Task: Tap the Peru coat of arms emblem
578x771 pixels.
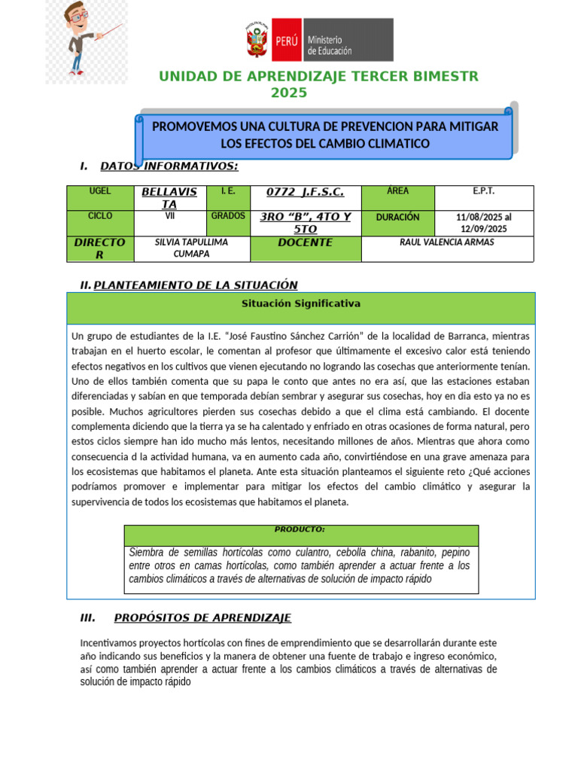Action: [257, 41]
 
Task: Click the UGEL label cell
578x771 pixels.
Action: [100, 192]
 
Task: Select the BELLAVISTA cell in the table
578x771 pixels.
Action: [169, 198]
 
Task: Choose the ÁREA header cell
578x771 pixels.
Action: [398, 191]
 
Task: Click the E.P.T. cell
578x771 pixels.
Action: [484, 191]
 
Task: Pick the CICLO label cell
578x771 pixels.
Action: [100, 216]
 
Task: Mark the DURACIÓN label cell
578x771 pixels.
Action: [398, 217]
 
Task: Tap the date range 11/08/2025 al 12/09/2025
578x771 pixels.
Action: [484, 223]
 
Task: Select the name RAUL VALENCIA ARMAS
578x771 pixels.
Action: [448, 242]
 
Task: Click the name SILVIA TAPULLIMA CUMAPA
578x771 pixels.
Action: [191, 248]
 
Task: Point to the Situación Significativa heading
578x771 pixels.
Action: [301, 303]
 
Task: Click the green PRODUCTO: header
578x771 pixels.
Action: [300, 529]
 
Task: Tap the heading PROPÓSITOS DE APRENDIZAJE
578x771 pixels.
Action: [202, 618]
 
